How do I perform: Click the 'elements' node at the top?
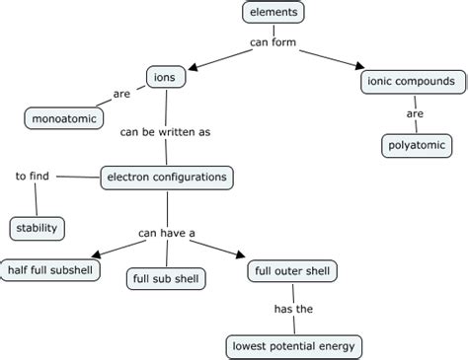point(273,13)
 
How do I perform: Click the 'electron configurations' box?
point(168,178)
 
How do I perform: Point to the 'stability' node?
point(38,229)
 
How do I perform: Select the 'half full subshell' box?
point(52,269)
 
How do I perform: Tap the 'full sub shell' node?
point(166,279)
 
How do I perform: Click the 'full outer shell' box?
point(292,269)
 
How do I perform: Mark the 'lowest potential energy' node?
point(293,346)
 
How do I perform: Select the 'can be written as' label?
point(165,130)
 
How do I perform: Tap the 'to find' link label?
point(34,177)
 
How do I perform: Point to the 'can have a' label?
point(166,233)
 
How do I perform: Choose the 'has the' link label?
point(292,308)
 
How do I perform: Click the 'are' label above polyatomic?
point(414,113)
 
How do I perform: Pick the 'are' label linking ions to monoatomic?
point(121,96)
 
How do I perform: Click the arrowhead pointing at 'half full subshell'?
point(94,255)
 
